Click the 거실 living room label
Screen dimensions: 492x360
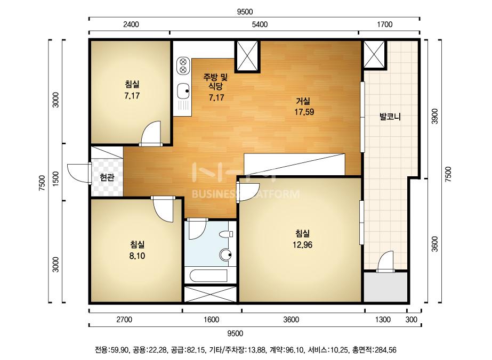click(x=303, y=101)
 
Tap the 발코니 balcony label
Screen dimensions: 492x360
click(x=390, y=117)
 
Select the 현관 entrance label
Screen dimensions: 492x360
click(x=107, y=177)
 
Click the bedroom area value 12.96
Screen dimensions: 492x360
click(x=302, y=244)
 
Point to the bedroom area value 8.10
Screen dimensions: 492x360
click(x=137, y=256)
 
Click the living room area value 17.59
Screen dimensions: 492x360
click(x=304, y=112)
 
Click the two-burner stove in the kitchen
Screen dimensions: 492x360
click(x=183, y=65)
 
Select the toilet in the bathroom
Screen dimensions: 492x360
click(x=226, y=234)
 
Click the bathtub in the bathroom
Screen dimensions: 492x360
click(x=209, y=275)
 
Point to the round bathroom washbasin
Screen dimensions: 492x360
click(x=225, y=255)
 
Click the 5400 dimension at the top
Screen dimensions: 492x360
click(x=260, y=24)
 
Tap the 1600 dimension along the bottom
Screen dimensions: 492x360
click(x=211, y=320)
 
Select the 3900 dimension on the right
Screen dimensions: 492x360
click(x=434, y=116)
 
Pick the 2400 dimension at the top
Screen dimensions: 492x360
click(x=131, y=24)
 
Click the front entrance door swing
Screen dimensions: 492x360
click(x=78, y=173)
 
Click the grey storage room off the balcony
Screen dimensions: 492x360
click(x=386, y=287)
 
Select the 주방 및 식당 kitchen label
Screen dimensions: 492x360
click(x=215, y=81)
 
